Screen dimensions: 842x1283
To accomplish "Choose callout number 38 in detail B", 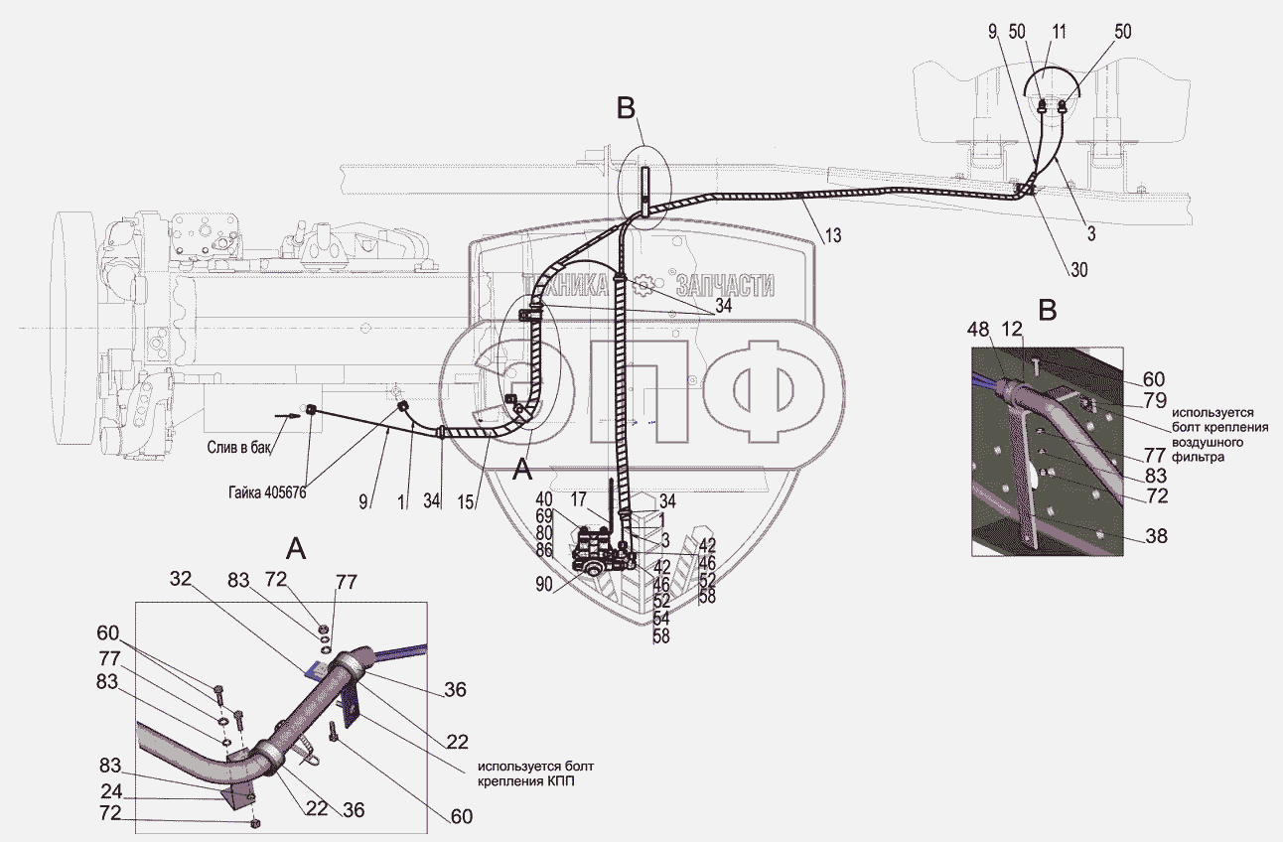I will (1156, 536).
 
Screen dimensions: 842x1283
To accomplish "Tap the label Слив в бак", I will (239, 447).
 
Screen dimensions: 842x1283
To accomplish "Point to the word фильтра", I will (1199, 460).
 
